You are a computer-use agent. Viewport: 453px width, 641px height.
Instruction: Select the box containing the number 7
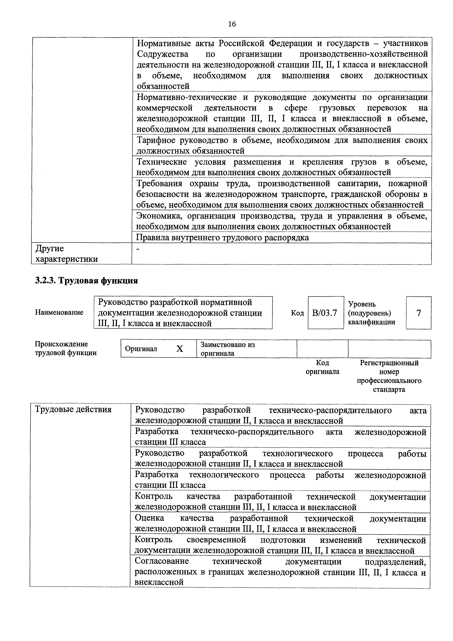coord(418,313)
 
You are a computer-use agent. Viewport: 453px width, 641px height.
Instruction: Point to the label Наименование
coord(59,312)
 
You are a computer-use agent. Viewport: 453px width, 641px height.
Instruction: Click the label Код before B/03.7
coord(297,313)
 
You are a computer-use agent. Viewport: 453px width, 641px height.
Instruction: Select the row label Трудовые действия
coord(73,409)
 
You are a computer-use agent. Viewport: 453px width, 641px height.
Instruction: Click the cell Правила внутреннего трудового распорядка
coord(222,238)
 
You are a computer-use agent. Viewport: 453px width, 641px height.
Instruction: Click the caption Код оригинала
coord(322,367)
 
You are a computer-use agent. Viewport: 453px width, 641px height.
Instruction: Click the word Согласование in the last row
coord(162,561)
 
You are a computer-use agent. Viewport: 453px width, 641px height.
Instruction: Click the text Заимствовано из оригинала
coord(227,349)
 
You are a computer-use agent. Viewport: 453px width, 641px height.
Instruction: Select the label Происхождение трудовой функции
coord(66,348)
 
